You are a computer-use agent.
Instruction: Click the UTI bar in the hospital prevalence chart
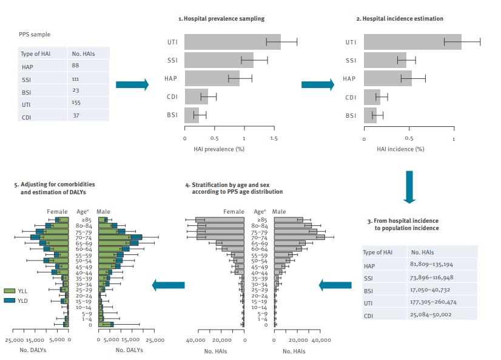point(232,42)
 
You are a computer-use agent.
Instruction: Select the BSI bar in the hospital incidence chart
point(371,115)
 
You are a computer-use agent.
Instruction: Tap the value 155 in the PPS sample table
point(76,103)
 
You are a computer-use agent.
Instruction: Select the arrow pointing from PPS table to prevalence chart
point(132,85)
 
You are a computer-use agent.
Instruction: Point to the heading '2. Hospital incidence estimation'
point(400,19)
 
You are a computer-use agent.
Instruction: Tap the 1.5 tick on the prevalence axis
point(274,138)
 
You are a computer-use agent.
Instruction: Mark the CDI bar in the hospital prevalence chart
point(197,97)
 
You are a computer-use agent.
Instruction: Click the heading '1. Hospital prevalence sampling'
point(221,19)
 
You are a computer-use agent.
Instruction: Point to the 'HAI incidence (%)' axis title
point(400,149)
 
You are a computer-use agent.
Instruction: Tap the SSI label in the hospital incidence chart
point(351,61)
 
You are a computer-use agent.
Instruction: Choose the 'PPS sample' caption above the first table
point(35,35)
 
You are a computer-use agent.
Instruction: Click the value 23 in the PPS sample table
point(75,90)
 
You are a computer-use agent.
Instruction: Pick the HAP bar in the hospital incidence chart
point(388,78)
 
